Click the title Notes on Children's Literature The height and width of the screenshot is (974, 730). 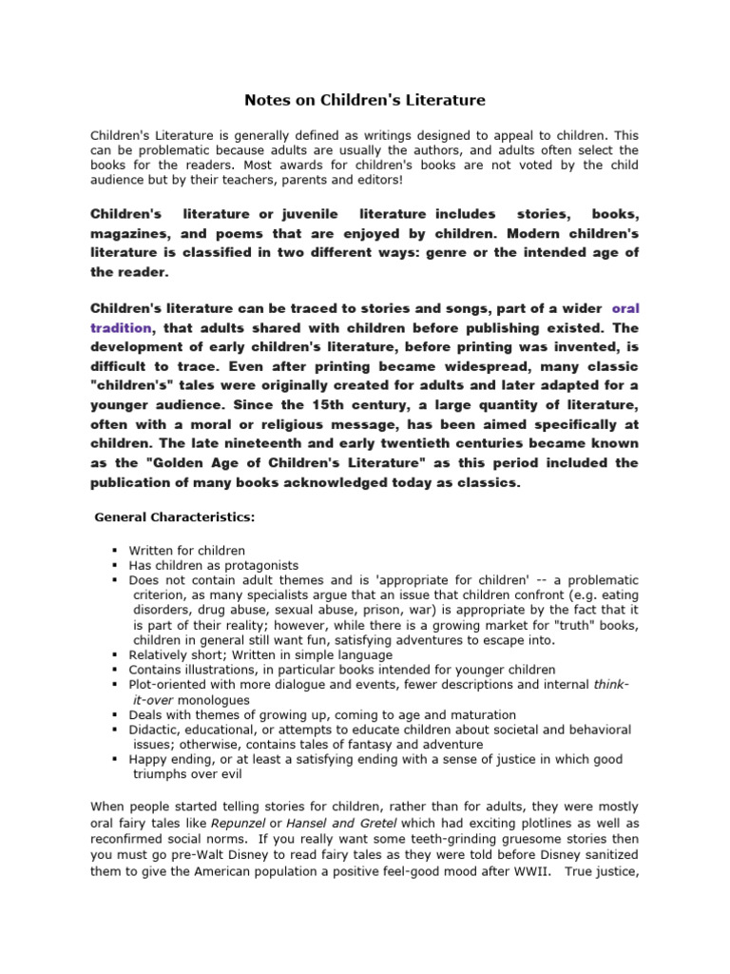click(366, 99)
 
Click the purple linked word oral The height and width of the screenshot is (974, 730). click(625, 308)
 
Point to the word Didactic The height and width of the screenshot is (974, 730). click(156, 730)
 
